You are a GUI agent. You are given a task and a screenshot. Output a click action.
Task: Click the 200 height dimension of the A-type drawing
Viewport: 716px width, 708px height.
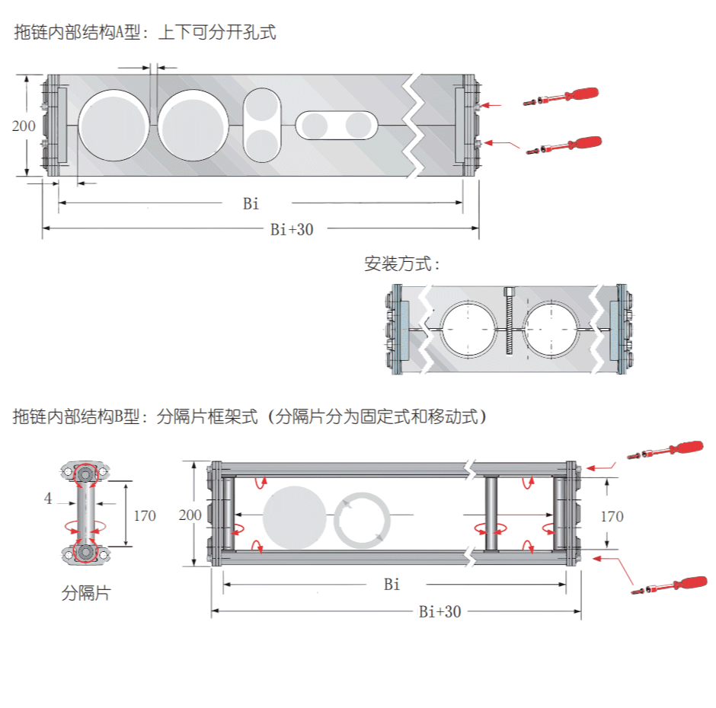pyautogui.click(x=24, y=126)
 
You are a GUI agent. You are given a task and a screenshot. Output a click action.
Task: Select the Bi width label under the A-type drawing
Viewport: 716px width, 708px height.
pyautogui.click(x=251, y=203)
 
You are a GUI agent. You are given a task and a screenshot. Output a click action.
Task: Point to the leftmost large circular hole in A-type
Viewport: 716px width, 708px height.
pyautogui.click(x=113, y=125)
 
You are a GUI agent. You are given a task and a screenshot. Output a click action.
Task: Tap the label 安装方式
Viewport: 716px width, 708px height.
pyautogui.click(x=401, y=264)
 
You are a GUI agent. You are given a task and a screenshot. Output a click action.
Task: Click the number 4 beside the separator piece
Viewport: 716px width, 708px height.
pyautogui.click(x=48, y=499)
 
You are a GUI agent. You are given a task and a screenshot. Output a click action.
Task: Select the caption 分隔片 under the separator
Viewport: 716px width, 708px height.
pyautogui.click(x=85, y=592)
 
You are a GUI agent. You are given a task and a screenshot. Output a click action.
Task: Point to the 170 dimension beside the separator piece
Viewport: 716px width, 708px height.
pyautogui.click(x=145, y=515)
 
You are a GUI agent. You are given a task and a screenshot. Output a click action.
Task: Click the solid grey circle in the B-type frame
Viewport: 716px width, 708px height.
pyautogui.click(x=293, y=517)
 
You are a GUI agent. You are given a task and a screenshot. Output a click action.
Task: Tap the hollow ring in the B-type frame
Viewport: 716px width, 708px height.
pyautogui.click(x=363, y=520)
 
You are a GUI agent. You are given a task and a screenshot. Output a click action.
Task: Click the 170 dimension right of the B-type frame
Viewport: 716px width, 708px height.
pyautogui.click(x=612, y=516)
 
